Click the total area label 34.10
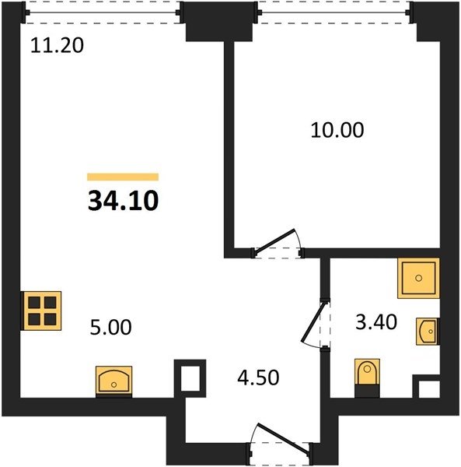coord(123,201)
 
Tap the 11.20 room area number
coord(57,46)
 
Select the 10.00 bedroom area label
coord(337,130)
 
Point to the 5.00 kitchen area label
coord(110,327)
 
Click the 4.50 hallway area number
coord(258,377)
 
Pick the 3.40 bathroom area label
coord(376,322)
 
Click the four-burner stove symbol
coord(41,311)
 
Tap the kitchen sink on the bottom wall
coord(114,381)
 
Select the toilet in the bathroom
coord(367,377)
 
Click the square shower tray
coord(418,278)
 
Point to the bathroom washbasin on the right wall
coord(428,332)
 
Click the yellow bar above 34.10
coord(123,177)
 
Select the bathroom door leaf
coord(313,321)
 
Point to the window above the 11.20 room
coord(103,12)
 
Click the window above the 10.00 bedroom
coord(334,12)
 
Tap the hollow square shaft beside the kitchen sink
coord(190,378)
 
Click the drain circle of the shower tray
coord(418,278)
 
